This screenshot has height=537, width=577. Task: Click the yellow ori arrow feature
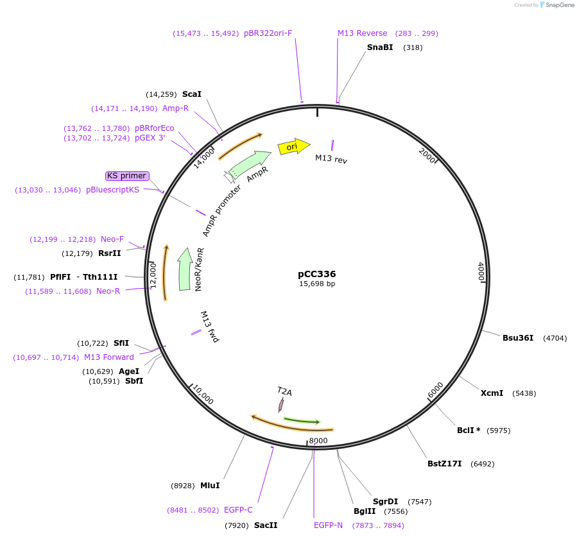[x=293, y=147]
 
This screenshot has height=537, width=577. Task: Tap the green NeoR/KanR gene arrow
[x=185, y=269]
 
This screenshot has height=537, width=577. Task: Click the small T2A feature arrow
[x=281, y=404]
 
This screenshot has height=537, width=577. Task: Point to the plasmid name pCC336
[x=316, y=273]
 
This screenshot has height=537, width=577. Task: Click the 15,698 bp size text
[x=316, y=284]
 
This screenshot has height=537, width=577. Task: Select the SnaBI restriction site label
[x=380, y=47]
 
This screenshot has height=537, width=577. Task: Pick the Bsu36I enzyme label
[x=518, y=337]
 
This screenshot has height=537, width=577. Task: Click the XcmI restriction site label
[x=492, y=393]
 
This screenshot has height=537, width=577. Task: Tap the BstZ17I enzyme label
[x=445, y=464]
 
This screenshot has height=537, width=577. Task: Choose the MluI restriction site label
[x=210, y=486]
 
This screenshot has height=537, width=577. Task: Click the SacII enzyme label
[x=266, y=525]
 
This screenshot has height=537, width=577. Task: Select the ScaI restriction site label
[x=192, y=94]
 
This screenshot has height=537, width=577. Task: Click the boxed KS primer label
[x=127, y=176]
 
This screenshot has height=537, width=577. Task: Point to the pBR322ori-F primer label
[x=268, y=33]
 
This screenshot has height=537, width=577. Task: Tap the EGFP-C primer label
[x=238, y=510]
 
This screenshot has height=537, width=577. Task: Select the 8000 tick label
[x=318, y=441]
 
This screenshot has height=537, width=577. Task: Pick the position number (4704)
[x=555, y=337]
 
